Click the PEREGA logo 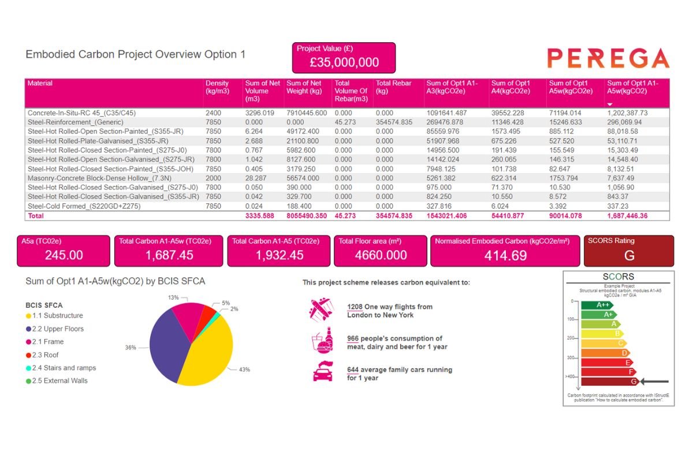608,58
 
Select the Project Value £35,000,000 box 344,58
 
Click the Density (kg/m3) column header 217,87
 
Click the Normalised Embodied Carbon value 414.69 505,255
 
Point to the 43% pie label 244,369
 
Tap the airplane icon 322,309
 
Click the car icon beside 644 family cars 322,371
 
